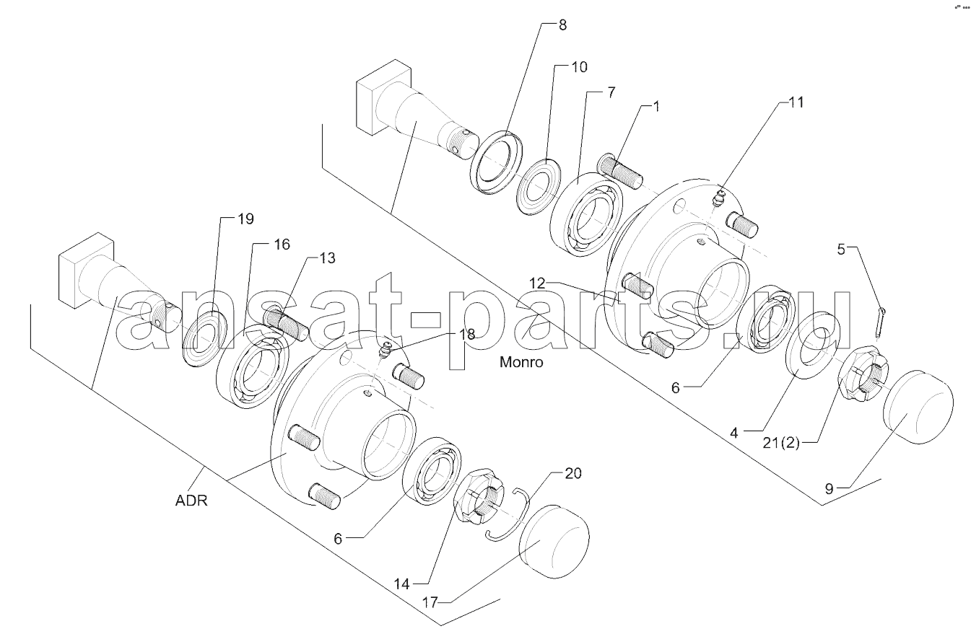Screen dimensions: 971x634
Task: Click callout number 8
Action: tap(562, 25)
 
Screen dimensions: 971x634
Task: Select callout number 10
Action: tap(579, 67)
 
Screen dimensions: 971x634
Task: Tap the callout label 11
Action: tap(796, 102)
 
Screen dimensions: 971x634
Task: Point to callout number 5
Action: tap(841, 250)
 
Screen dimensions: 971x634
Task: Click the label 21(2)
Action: tap(780, 444)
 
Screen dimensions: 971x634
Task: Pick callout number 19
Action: tap(245, 219)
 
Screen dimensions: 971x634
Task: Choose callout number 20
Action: tap(572, 473)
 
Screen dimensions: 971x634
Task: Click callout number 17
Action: tap(430, 602)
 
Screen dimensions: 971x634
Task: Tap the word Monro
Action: tap(521, 361)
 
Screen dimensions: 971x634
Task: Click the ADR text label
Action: tap(191, 501)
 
